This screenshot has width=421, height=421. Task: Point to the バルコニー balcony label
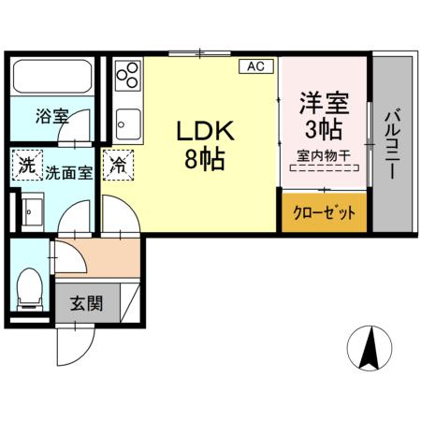tap(393, 146)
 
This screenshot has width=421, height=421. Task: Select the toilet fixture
tap(31, 286)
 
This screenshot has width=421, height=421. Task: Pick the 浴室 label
tap(52, 117)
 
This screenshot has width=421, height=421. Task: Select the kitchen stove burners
tap(128, 75)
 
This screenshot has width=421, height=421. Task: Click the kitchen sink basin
tap(128, 122)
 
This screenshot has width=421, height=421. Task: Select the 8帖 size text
tap(204, 159)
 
